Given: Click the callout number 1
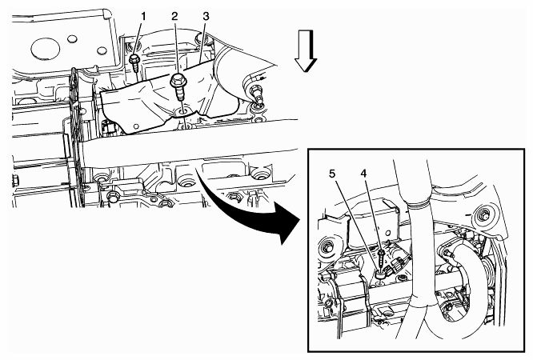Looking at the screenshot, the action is click(143, 16).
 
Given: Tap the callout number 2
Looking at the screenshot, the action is click(174, 16).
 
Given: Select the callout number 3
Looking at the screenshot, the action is click(206, 16).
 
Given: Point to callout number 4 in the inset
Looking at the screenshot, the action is click(363, 174).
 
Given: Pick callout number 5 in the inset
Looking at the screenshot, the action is click(332, 174).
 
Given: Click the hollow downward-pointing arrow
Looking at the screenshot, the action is click(306, 50).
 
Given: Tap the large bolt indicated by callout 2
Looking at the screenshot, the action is click(178, 86).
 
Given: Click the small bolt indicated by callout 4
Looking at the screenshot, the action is click(381, 258).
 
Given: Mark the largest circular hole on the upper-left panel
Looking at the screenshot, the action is click(45, 48).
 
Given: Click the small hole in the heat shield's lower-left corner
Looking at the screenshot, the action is click(136, 126).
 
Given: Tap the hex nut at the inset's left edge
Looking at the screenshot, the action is click(328, 247).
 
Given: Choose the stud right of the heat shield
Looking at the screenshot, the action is click(257, 96).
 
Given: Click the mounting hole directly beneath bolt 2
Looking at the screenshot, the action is click(184, 111).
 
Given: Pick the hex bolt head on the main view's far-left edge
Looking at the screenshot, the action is click(15, 181).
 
